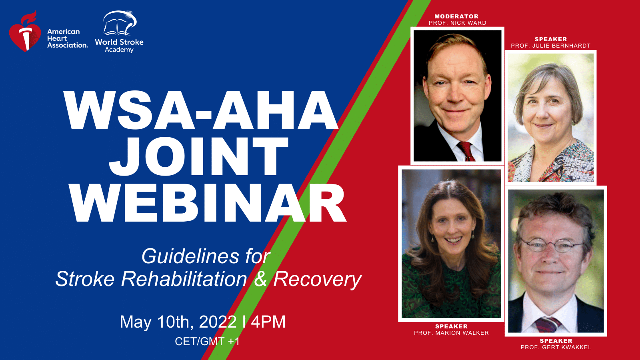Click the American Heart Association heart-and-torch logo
pyautogui.click(x=25, y=32)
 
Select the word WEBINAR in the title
pyautogui.click(x=208, y=203)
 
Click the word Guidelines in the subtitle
pyautogui.click(x=190, y=256)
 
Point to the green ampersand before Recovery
pyautogui.click(x=260, y=279)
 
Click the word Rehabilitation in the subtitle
pyautogui.click(x=184, y=279)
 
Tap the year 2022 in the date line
pyautogui.click(x=218, y=322)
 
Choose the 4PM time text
pyautogui.click(x=268, y=322)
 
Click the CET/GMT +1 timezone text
pyautogui.click(x=207, y=342)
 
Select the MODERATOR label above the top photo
pyautogui.click(x=456, y=16)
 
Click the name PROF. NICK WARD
pyautogui.click(x=458, y=23)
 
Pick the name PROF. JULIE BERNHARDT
pyautogui.click(x=550, y=46)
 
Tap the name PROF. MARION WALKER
pyautogui.click(x=452, y=333)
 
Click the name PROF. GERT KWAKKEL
pyautogui.click(x=556, y=348)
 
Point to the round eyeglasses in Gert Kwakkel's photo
pyautogui.click(x=552, y=245)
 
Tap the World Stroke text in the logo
pyautogui.click(x=119, y=42)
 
